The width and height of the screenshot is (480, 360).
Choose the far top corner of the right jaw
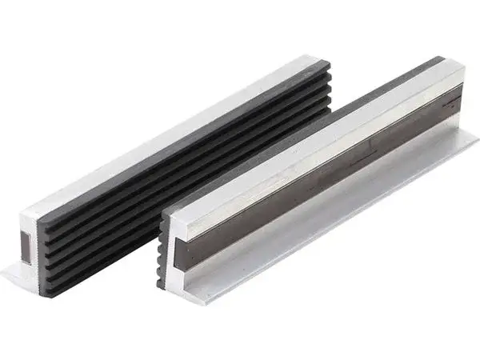click(463, 66)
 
